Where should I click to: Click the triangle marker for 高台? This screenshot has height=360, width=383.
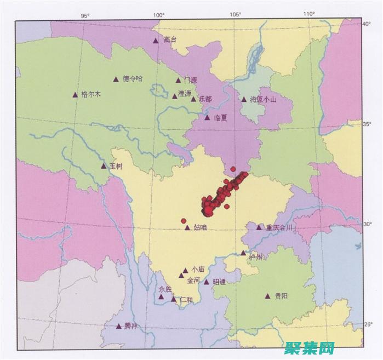tap(156, 40)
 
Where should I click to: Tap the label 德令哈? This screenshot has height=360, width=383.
tap(132, 79)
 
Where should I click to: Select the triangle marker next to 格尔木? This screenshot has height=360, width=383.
tap(75, 94)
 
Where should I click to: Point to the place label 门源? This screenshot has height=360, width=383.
tap(190, 80)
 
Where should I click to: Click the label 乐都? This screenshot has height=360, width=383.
tap(205, 99)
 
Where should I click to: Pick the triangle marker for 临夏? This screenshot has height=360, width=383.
tap(207, 117)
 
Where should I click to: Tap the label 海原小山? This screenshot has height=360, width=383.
tap(263, 100)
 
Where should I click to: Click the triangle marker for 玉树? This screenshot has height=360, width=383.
tap(104, 165)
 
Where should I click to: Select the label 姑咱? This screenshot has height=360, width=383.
tap(200, 227)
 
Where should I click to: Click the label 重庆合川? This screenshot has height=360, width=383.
tap(279, 227)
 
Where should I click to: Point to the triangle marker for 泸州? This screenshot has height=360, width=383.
tap(243, 253)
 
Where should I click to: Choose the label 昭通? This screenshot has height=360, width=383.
tap(218, 282)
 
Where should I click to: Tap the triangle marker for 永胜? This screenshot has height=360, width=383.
tap(161, 297)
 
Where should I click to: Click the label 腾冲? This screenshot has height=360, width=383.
tap(131, 326)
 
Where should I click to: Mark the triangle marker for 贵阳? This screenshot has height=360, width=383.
tap(268, 296)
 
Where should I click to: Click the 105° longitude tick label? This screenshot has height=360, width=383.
tap(236, 14)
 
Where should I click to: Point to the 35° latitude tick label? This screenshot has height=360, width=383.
tap(368, 124)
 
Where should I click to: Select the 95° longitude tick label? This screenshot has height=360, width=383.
tap(85, 14)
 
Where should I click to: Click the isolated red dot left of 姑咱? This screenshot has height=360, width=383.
tap(184, 221)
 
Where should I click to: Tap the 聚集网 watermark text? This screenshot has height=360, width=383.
tap(309, 348)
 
